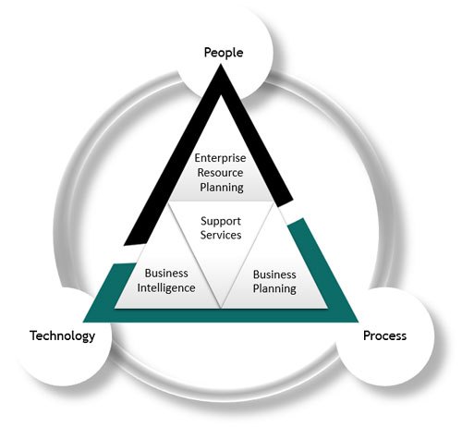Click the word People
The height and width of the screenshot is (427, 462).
(x=224, y=53)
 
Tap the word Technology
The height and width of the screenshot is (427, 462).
(x=62, y=335)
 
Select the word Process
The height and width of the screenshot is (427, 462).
(x=384, y=335)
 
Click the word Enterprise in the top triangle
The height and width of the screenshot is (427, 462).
(x=220, y=158)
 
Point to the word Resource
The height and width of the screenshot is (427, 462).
(x=220, y=173)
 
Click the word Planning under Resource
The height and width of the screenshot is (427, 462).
(x=222, y=188)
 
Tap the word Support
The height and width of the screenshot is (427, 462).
(x=221, y=221)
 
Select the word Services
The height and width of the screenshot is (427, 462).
(x=221, y=235)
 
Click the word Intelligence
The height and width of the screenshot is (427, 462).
(x=166, y=288)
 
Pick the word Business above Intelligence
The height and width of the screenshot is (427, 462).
(x=166, y=274)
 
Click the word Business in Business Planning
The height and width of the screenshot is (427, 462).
(x=274, y=274)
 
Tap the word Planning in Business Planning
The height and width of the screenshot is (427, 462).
(x=274, y=289)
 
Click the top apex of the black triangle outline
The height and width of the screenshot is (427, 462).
(x=221, y=64)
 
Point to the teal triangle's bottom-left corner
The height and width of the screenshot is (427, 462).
(x=84, y=322)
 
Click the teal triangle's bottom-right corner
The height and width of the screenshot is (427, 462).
(x=359, y=322)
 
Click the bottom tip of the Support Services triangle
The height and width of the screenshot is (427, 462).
(x=221, y=308)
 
